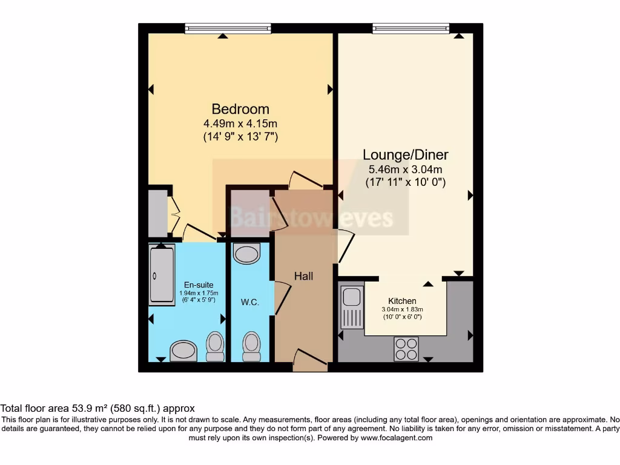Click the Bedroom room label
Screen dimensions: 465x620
tap(240, 109)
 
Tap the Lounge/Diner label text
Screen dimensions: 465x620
tap(406, 154)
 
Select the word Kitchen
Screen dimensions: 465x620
tap(402, 301)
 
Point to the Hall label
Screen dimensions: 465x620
tap(303, 276)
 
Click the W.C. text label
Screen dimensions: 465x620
tap(249, 302)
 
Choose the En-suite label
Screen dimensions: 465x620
tap(199, 285)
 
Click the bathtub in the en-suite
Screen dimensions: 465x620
tap(162, 274)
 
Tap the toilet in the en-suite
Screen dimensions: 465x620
tap(214, 345)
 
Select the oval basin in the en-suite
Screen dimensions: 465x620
tap(183, 351)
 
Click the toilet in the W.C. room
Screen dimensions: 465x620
tap(251, 346)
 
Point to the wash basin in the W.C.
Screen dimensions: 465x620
tap(246, 254)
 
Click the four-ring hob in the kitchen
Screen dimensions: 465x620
tap(406, 348)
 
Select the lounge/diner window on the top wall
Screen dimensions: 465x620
tap(411, 28)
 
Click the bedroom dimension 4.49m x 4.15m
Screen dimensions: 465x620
tap(240, 124)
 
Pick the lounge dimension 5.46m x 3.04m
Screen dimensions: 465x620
tap(406, 170)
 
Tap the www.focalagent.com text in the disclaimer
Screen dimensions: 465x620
tap(397, 438)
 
